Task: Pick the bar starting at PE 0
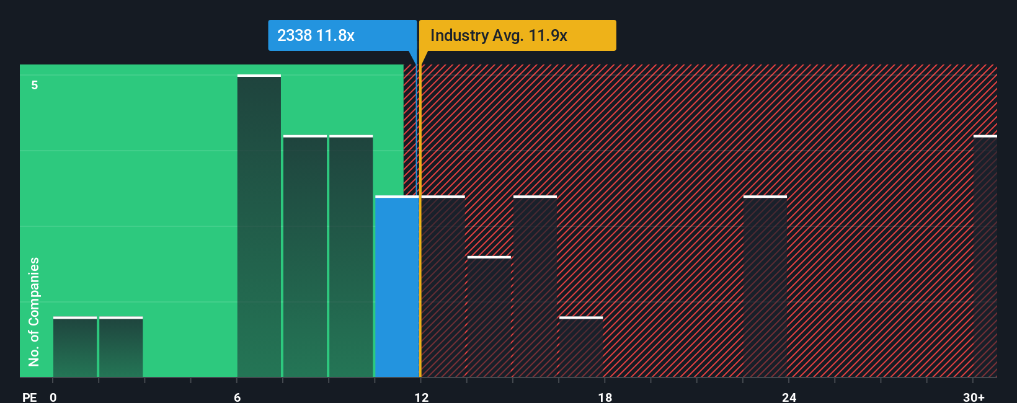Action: click(75, 347)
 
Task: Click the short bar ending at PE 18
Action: click(581, 347)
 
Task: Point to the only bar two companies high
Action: click(489, 317)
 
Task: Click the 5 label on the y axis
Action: click(35, 85)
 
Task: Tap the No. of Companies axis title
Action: click(34, 311)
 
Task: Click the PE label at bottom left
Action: click(29, 397)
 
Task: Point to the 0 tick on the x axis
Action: click(53, 397)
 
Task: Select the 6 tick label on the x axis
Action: click(238, 397)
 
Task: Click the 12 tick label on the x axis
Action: click(421, 397)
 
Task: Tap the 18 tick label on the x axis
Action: click(605, 397)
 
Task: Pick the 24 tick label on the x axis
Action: click(789, 397)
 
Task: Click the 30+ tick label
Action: click(974, 397)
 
